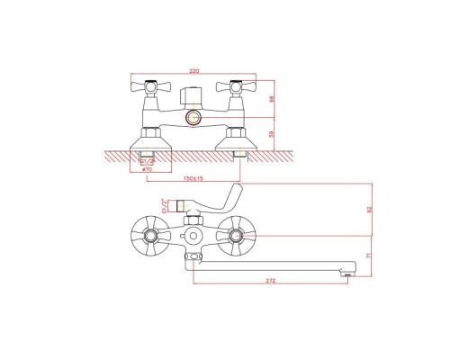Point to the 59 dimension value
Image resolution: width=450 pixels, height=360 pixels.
coord(271,136)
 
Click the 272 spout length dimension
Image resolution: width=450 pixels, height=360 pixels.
coord(270,281)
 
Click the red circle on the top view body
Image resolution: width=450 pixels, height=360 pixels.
coord(192,119)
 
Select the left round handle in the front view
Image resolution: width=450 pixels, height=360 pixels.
coord(147,236)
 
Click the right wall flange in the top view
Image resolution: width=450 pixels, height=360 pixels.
coord(235,141)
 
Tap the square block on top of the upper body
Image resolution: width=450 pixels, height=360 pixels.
coord(192,94)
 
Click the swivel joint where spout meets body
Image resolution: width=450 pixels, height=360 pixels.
coord(191,258)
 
